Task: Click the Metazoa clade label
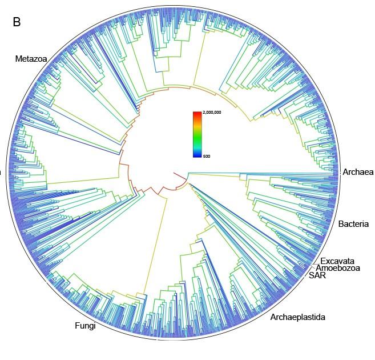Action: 31,58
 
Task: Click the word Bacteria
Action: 353,224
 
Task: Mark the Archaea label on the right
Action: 358,172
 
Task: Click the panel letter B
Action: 17,22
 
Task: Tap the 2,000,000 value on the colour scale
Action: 212,113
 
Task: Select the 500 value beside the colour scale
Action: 207,156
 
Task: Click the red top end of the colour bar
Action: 197,115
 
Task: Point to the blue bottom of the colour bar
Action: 197,154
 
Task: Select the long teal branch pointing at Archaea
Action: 263,172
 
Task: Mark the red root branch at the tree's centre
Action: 179,175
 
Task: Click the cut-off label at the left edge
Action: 1,171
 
